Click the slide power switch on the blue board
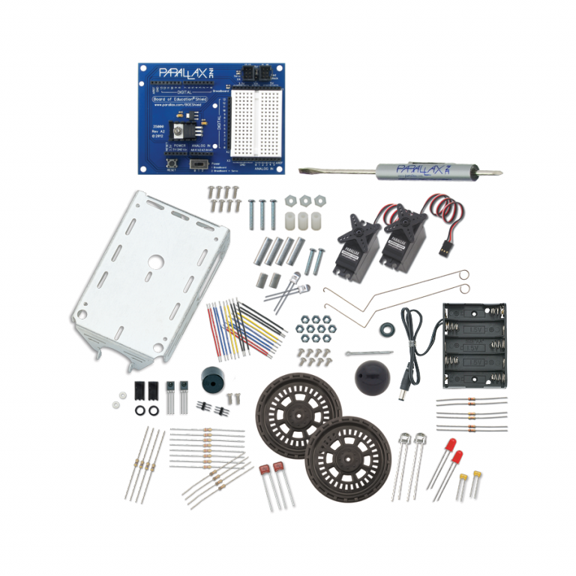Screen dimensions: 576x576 point(199,163)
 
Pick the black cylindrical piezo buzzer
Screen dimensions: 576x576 point(211,378)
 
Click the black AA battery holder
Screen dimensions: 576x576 point(474,346)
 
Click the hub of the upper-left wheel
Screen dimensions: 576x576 point(298,412)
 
